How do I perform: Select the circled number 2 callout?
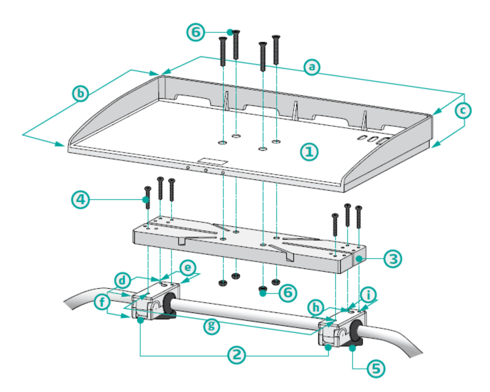click(x=237, y=355)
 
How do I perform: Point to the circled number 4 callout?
click(x=80, y=199)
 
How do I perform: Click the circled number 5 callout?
click(x=376, y=369)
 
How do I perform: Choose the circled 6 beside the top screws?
click(x=195, y=32)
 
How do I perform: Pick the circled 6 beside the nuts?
click(x=288, y=293)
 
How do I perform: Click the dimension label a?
click(x=312, y=67)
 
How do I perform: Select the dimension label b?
click(x=80, y=93)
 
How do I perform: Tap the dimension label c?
click(x=463, y=111)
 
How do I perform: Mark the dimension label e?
click(x=188, y=268)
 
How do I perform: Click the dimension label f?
click(x=102, y=302)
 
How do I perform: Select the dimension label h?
click(x=316, y=308)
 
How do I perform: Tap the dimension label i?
click(x=368, y=295)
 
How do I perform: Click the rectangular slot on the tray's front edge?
click(x=212, y=161)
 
